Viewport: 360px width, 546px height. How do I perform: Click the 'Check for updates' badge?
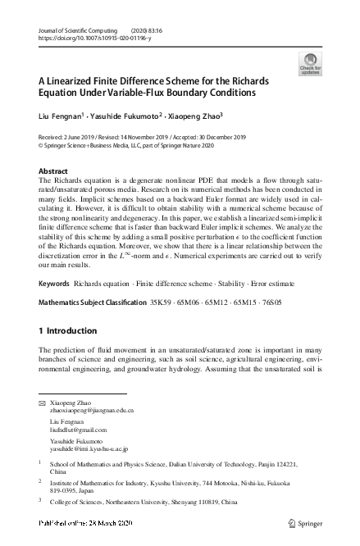311,63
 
